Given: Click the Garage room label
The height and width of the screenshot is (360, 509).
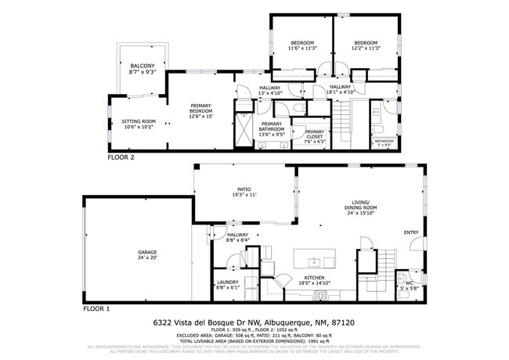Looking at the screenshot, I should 137,254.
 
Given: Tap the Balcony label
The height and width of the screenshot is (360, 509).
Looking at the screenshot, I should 142,68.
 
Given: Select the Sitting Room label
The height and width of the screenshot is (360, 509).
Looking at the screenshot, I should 139,124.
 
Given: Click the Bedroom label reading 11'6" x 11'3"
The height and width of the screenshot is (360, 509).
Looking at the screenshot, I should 301,45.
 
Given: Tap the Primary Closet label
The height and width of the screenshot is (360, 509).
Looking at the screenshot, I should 314,135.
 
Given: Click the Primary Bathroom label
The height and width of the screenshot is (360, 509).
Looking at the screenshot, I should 272,127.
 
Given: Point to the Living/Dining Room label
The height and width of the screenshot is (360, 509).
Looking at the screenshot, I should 360,209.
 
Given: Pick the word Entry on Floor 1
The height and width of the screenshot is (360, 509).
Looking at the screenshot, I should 411,232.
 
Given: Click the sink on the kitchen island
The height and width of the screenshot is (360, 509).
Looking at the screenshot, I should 312,261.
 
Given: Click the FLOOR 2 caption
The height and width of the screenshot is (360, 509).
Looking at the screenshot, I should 121,157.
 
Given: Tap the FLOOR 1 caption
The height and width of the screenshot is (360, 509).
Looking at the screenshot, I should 97,309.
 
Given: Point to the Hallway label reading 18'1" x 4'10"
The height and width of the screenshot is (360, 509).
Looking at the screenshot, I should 341,89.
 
